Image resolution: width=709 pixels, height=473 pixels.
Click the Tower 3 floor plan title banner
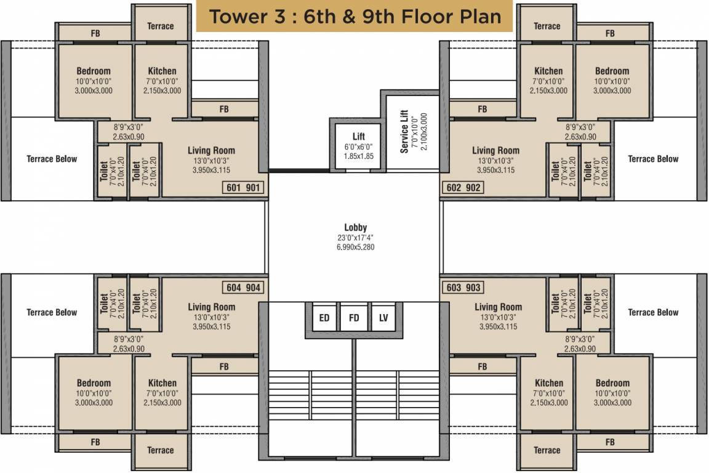pos(354,17)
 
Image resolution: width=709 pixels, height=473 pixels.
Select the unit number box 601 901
pos(244,188)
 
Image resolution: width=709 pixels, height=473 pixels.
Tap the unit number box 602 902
pos(462,188)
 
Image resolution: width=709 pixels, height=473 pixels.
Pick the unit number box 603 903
pos(462,288)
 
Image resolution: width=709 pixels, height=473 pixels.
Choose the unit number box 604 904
pos(244,288)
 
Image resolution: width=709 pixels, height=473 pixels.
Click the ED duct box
pos(324,318)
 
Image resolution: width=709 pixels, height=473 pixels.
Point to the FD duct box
pos(354,318)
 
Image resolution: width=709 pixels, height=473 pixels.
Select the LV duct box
pos(383,318)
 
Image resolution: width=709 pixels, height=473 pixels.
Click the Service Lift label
pos(404,131)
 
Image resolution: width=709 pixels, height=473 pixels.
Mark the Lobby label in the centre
pos(355,227)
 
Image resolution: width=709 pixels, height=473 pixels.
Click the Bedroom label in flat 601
pos(94,71)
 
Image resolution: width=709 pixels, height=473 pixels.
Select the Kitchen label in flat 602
pos(548,71)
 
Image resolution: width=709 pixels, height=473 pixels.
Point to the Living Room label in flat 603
pos(498,307)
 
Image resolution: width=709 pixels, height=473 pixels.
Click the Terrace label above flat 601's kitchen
pos(161,26)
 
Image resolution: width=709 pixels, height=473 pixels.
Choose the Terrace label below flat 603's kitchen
pos(547,450)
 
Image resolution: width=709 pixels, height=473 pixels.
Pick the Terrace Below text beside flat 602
pos(653,159)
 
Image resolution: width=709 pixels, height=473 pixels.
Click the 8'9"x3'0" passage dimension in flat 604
pos(128,339)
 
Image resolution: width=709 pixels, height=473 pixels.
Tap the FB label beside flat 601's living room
pos(224,109)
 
